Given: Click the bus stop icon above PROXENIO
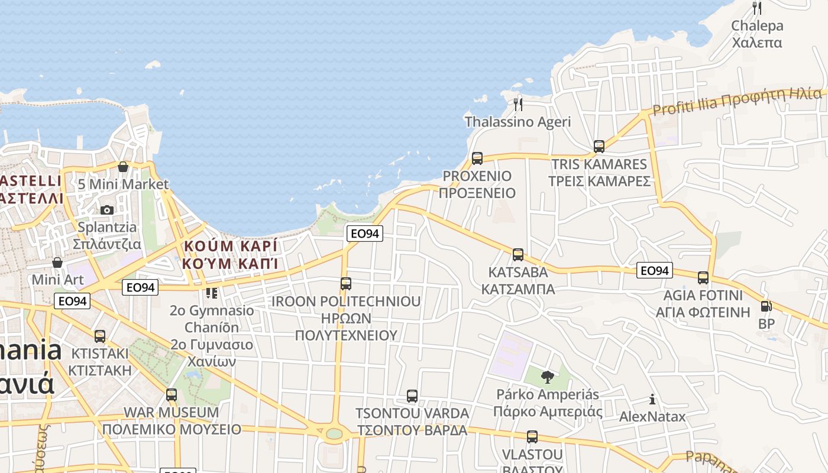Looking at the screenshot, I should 477,158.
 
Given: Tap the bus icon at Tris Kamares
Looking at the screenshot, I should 599,146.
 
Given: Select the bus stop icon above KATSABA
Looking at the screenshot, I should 518,255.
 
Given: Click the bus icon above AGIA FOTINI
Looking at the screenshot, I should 703,277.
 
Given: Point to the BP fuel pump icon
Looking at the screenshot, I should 766,306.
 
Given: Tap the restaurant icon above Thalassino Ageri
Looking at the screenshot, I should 518,105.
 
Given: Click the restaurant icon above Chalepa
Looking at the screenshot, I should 756,8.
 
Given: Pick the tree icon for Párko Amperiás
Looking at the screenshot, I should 547,377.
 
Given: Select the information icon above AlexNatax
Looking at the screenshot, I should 652,399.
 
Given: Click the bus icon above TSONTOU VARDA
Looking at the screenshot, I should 412,396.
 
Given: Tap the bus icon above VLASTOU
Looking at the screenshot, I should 532,437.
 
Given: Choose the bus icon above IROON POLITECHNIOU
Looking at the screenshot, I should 346,283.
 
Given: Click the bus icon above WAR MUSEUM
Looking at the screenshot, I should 172,394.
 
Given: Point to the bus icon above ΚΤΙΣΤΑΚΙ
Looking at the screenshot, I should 100,336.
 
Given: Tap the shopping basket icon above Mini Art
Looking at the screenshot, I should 57,262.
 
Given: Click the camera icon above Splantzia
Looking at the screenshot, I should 107,210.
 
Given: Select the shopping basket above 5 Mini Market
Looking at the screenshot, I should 123,167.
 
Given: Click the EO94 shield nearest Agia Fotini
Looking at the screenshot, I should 655,271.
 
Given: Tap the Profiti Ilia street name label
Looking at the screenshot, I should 737,102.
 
